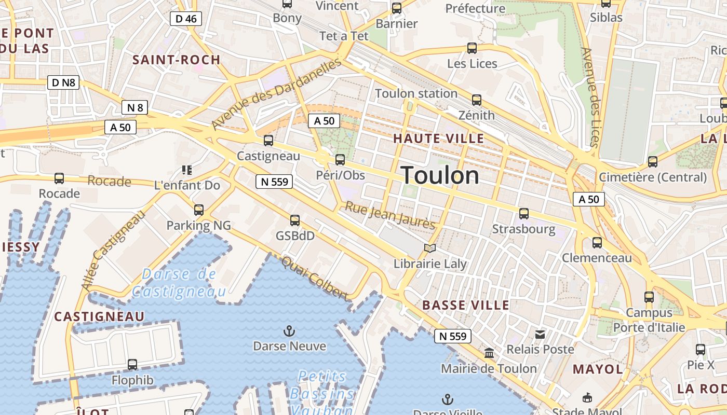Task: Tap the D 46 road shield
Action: pyautogui.click(x=186, y=19)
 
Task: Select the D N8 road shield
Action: pyautogui.click(x=64, y=82)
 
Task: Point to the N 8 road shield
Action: pyautogui.click(x=134, y=107)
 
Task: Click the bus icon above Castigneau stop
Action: pyautogui.click(x=268, y=141)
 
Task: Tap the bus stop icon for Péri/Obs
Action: pyautogui.click(x=340, y=160)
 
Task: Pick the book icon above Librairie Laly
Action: pyautogui.click(x=429, y=248)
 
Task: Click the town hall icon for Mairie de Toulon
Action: pyautogui.click(x=489, y=353)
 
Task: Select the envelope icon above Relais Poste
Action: pyautogui.click(x=540, y=335)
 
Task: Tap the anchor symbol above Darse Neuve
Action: pyautogui.click(x=289, y=331)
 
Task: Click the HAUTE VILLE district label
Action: pyautogui.click(x=438, y=139)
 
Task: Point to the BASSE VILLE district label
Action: pyautogui.click(x=466, y=305)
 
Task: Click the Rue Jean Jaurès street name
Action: pyautogui.click(x=391, y=215)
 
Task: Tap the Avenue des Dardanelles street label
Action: pyautogui.click(x=277, y=94)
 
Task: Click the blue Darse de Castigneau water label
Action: pyautogui.click(x=179, y=283)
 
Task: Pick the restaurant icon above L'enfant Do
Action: pyautogui.click(x=187, y=170)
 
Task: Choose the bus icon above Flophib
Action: pyautogui.click(x=132, y=365)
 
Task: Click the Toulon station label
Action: pyautogui.click(x=416, y=94)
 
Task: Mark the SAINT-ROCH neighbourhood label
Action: pyautogui.click(x=177, y=60)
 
